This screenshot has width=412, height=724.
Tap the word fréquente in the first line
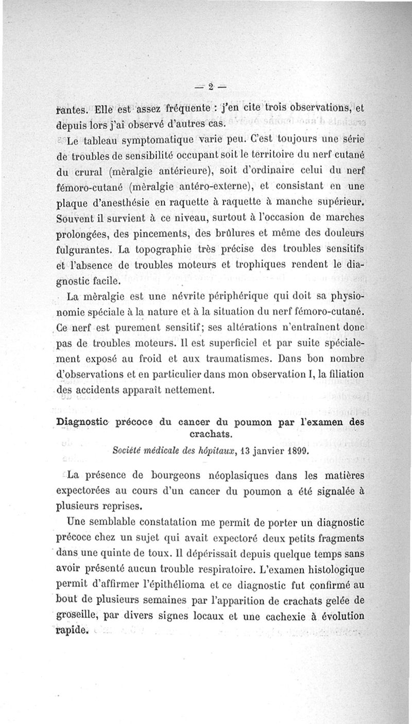click(181, 110)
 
